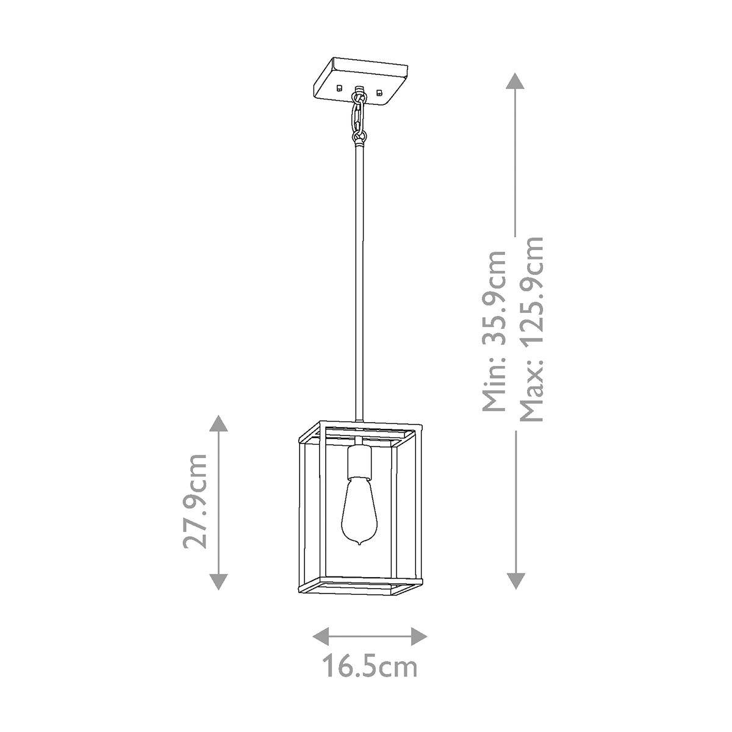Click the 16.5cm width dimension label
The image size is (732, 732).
coord(370,666)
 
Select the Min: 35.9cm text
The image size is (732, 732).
coord(494,331)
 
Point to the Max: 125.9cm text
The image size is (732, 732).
coord(532,329)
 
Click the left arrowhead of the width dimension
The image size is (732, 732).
coord(321,636)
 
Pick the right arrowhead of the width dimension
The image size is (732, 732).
coord(419,636)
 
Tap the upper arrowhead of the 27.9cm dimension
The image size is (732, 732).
coord(218,423)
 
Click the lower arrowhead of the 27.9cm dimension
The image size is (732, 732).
coord(218,581)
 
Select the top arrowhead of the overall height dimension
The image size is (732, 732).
coord(515,81)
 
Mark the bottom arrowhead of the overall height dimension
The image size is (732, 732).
coord(515,581)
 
